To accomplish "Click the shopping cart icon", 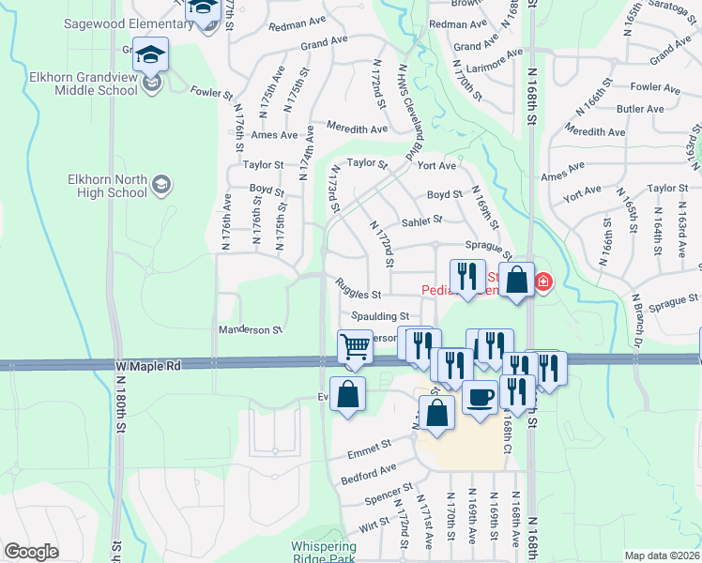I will (x=356, y=346).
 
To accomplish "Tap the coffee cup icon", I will (x=481, y=396).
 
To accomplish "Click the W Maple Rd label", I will (x=149, y=365).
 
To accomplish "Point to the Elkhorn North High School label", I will (x=108, y=186).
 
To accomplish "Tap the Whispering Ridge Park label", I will (x=324, y=552).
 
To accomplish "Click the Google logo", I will (x=31, y=552).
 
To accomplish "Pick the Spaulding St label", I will (x=380, y=317).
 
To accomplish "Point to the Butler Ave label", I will (x=641, y=109).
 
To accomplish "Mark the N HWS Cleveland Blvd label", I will (x=406, y=112).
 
